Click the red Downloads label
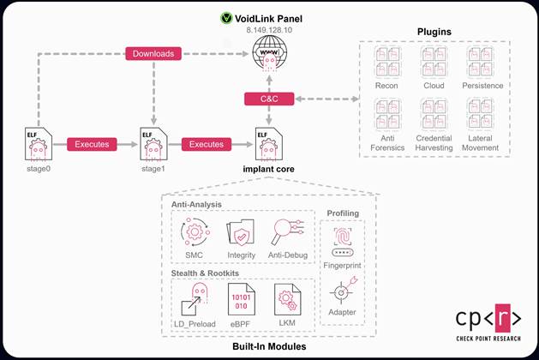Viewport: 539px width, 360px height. click(153, 54)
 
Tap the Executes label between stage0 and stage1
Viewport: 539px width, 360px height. click(92, 144)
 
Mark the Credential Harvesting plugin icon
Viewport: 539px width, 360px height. click(434, 113)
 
